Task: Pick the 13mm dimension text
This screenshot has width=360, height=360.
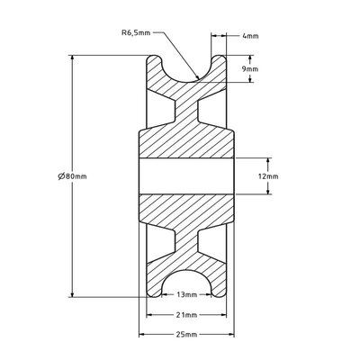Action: tap(185, 294)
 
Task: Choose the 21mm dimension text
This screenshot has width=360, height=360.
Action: tap(185, 315)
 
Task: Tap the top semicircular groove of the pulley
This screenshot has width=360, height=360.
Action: tap(185, 67)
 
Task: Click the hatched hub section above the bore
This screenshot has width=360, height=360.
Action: tap(185, 144)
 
